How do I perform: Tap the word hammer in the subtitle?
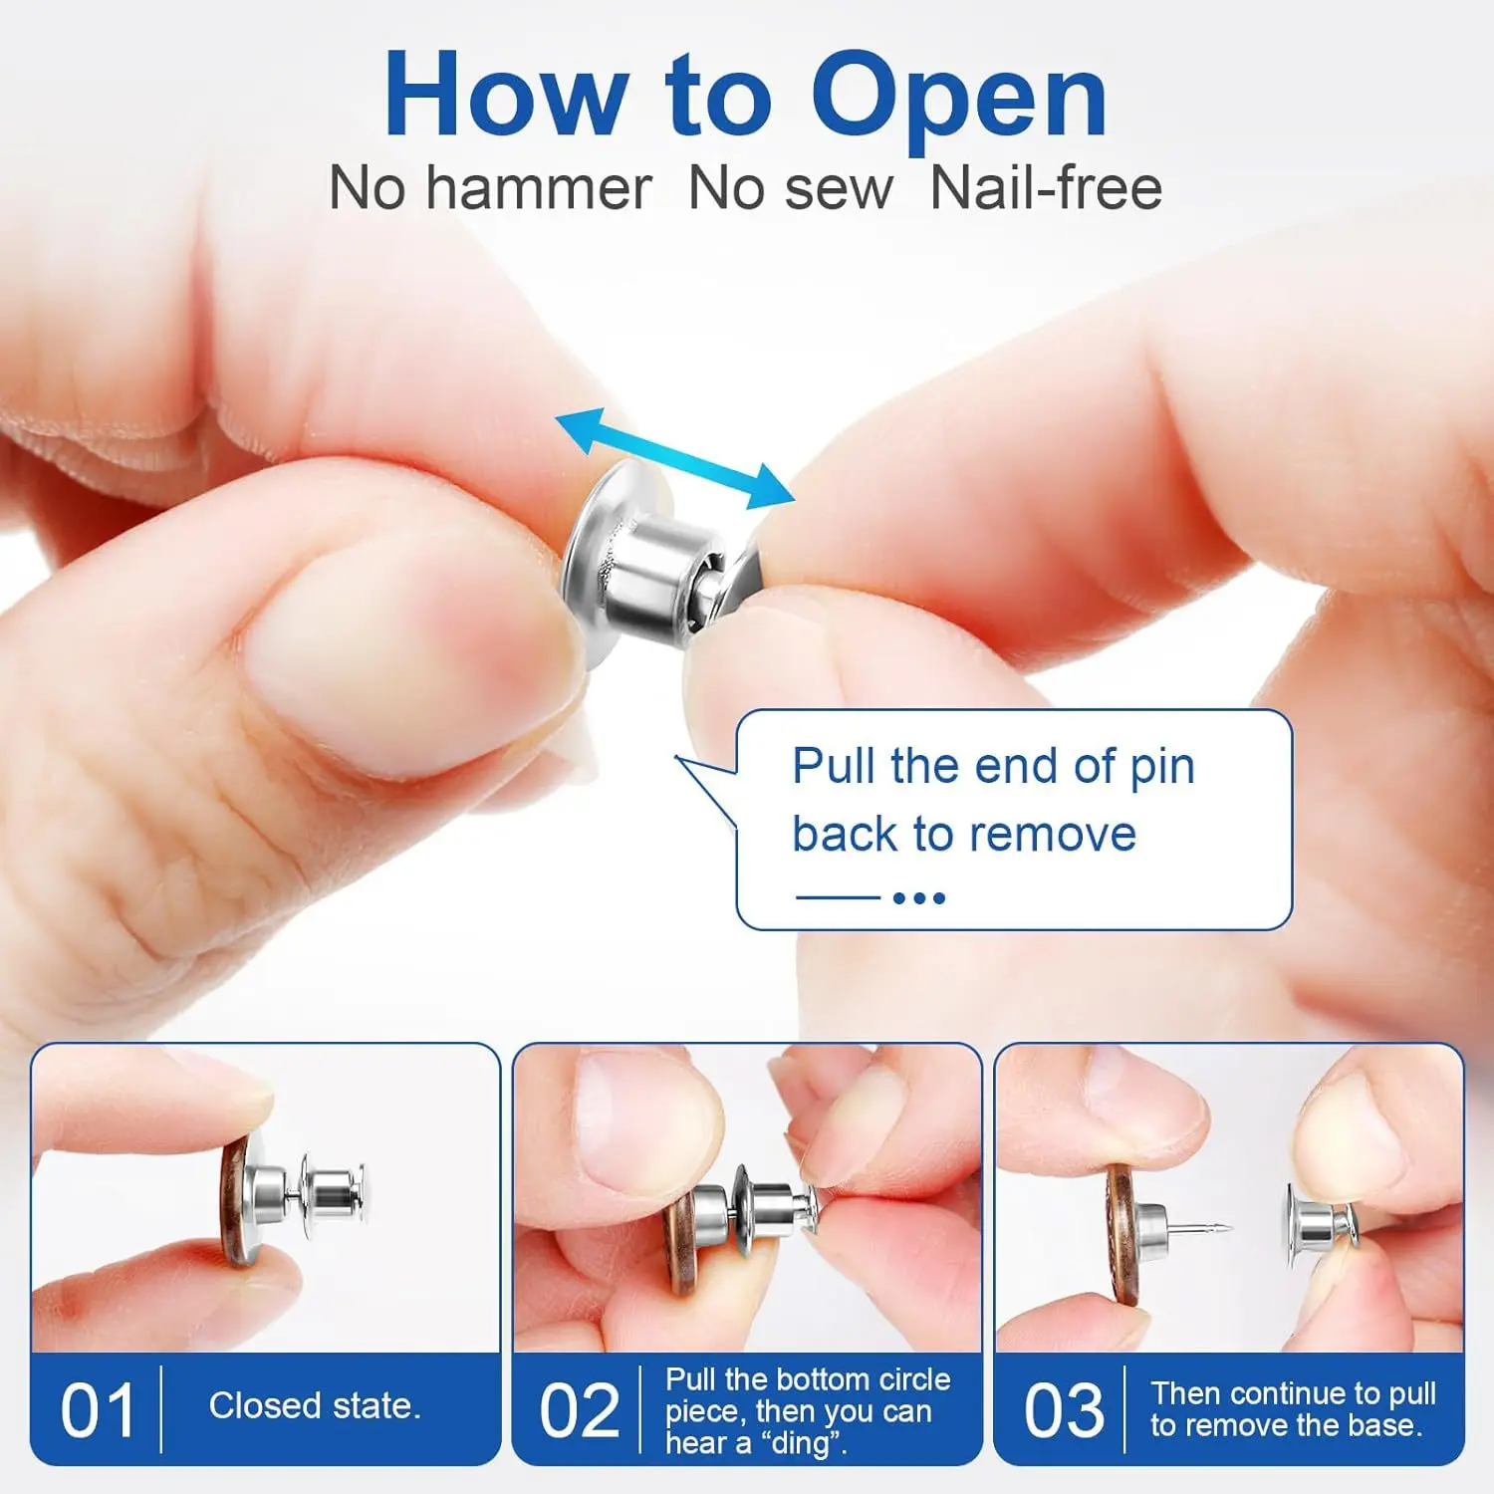pyautogui.click(x=539, y=188)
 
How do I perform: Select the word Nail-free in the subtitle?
pyautogui.click(x=1046, y=188)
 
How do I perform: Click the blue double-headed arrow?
pyautogui.click(x=675, y=458)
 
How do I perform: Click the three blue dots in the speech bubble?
pyautogui.click(x=919, y=897)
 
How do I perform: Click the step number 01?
pyautogui.click(x=97, y=1410)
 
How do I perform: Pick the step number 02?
pyautogui.click(x=579, y=1410)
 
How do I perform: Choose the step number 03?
pyautogui.click(x=1064, y=1410)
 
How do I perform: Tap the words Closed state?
pyautogui.click(x=315, y=1405)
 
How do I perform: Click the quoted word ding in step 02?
pyautogui.click(x=800, y=1443)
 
